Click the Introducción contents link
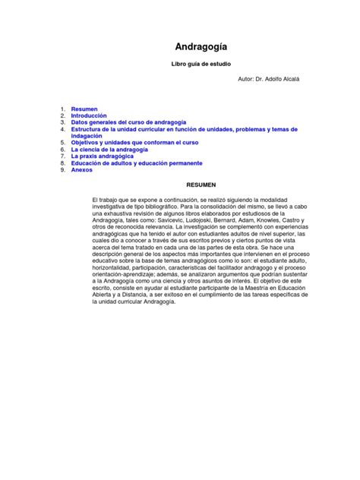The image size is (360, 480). click(90, 116)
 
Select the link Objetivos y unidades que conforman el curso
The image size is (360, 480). click(134, 143)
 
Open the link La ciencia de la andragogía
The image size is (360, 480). click(109, 150)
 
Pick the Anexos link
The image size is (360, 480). click(82, 170)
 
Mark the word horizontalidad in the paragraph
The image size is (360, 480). click(115, 267)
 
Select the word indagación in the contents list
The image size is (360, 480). click(87, 136)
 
